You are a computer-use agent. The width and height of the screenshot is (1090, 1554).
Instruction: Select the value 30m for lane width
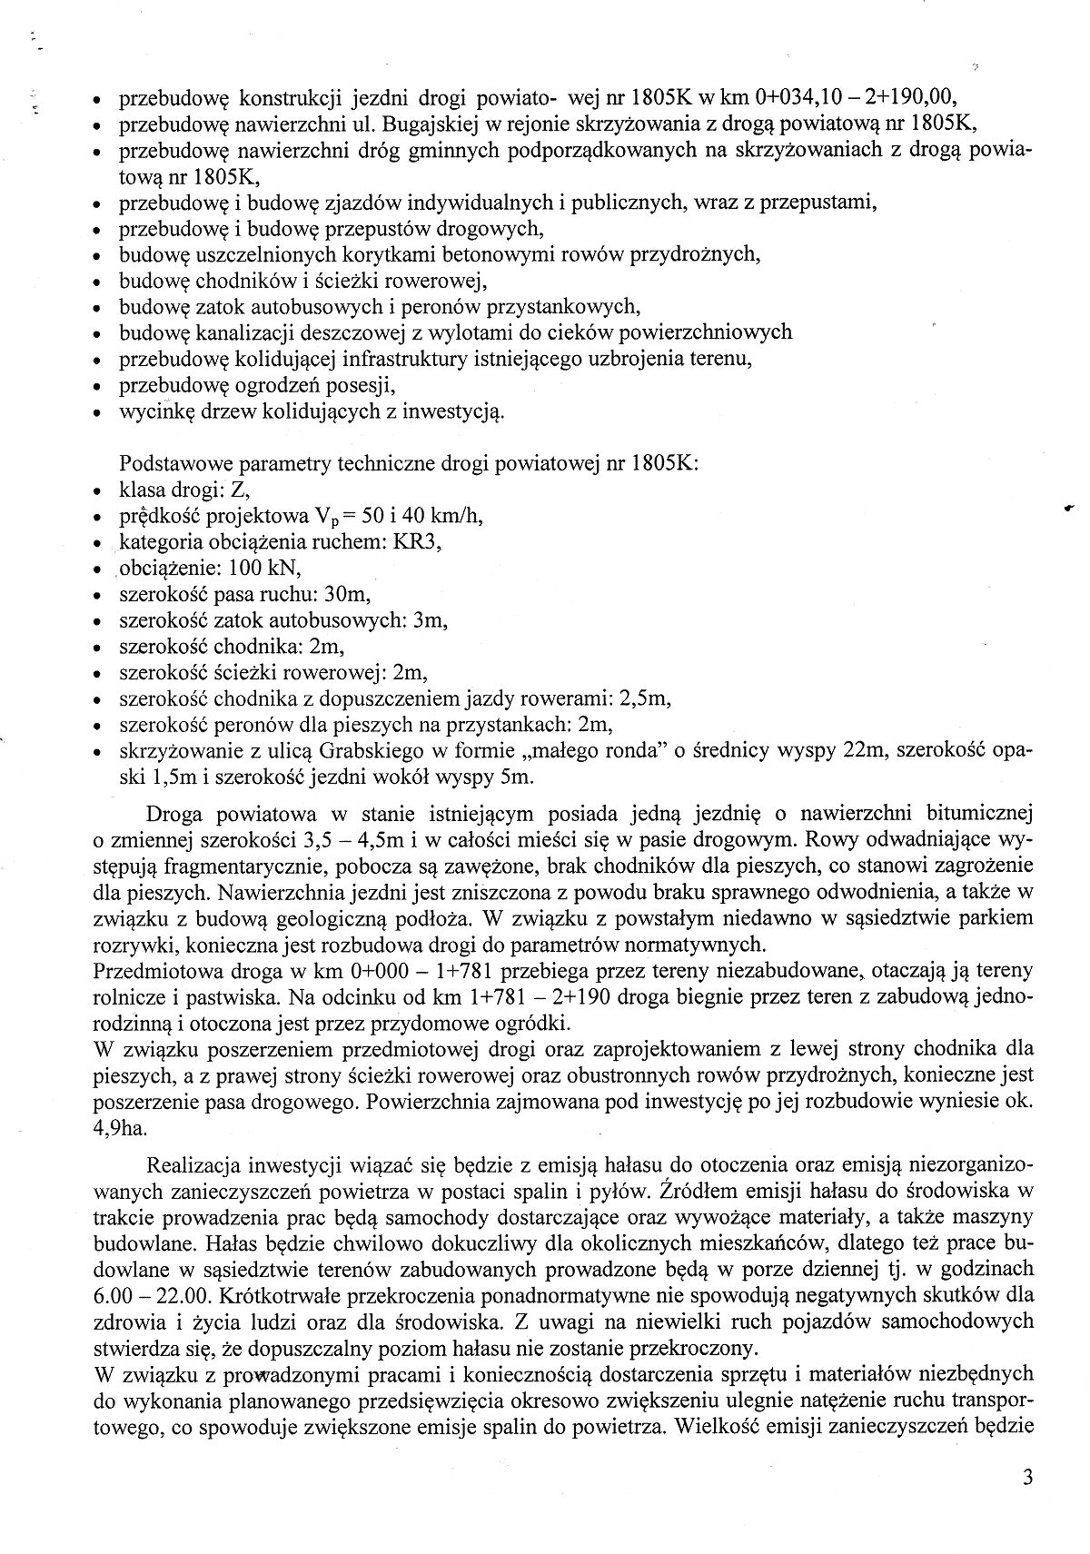pyautogui.click(x=348, y=595)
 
